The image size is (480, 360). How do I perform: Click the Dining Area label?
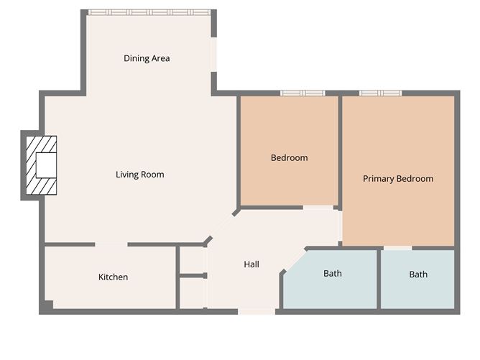coord(147,58)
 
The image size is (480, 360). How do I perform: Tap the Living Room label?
coord(140,175)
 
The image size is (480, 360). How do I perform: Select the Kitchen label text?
coord(113,277)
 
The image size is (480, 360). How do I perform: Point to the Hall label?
coord(251,264)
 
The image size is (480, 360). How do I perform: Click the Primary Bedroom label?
coord(398,179)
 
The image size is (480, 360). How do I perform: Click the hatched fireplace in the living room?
coord(42,165)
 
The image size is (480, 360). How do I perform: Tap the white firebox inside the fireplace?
coord(46,165)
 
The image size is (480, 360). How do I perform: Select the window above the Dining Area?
coord(149,12)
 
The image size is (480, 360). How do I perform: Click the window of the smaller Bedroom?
coord(303,93)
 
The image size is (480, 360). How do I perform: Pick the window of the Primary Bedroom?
coord(380,93)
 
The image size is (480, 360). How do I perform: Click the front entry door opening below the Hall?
coord(257,312)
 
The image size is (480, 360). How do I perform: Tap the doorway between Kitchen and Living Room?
coord(111,244)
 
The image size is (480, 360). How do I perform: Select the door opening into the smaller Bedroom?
coord(318,208)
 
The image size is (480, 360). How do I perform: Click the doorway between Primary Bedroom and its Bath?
coord(397,248)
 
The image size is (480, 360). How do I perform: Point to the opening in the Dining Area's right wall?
coord(213,55)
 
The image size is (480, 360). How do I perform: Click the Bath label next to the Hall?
coord(333,273)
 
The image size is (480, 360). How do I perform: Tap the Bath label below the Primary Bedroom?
coord(418,274)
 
